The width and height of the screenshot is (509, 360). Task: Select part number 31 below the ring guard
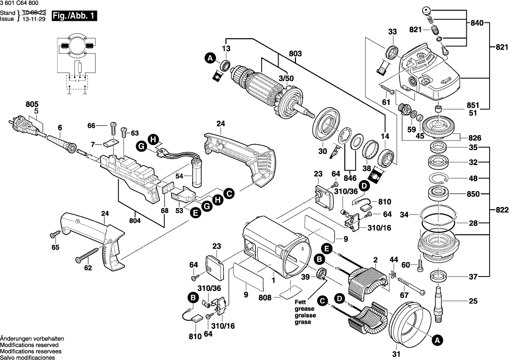[x=395, y=354]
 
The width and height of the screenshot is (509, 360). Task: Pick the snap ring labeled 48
[x=439, y=178]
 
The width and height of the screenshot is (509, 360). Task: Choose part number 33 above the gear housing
[x=393, y=32]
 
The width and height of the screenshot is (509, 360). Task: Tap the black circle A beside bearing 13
[x=210, y=59]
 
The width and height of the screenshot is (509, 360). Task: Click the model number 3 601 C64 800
[x=21, y=4]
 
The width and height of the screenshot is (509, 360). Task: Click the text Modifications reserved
[x=29, y=344]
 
